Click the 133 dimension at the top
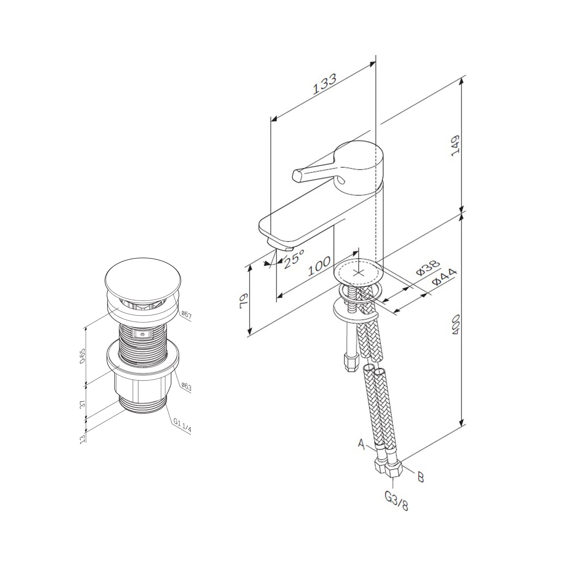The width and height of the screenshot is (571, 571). (325, 84)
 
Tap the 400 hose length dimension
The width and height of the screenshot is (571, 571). (456, 324)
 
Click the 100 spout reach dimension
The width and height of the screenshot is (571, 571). (319, 266)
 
